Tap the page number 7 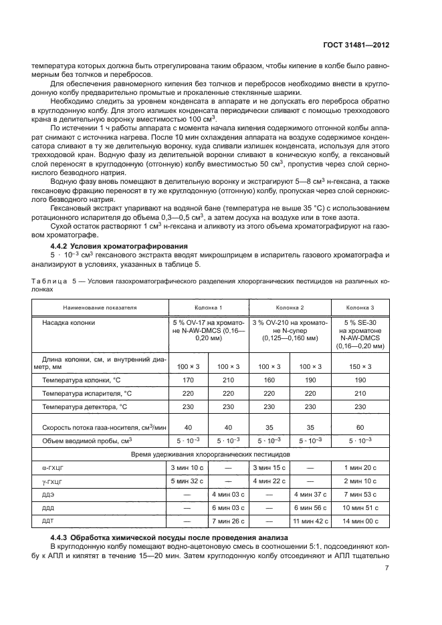pyautogui.click(x=387, y=569)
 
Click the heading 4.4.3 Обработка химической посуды pyautogui.click(x=170, y=537)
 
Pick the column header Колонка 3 pyautogui.click(x=360, y=307)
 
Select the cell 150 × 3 pyautogui.click(x=360, y=366)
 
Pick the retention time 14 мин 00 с pyautogui.click(x=360, y=520)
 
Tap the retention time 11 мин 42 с pyautogui.click(x=310, y=520)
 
